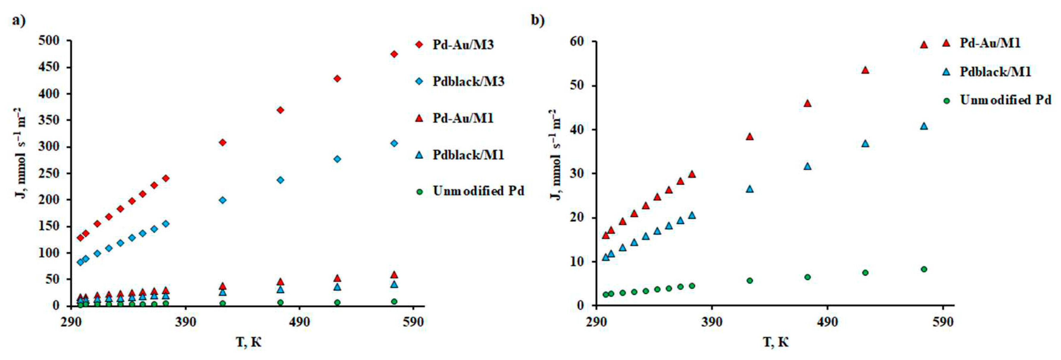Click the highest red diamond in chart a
point(394,54)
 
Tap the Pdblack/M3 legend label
point(468,81)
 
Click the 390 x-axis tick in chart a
point(185,322)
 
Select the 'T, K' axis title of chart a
point(249,342)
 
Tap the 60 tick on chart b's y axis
point(577,42)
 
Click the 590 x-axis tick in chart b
point(943,322)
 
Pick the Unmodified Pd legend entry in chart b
point(1005,100)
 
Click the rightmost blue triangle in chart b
point(924,126)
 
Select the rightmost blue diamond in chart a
point(394,143)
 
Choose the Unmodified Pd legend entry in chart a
point(478,191)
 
